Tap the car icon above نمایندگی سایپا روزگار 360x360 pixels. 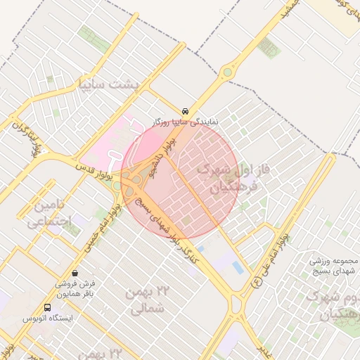point(185,111)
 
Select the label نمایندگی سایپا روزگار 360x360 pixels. point(186,122)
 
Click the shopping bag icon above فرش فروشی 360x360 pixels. point(75,273)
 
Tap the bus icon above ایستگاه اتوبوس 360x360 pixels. point(47,307)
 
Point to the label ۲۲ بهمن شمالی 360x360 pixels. point(146,300)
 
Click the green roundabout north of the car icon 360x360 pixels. point(227,72)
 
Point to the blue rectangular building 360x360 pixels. point(238,268)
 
